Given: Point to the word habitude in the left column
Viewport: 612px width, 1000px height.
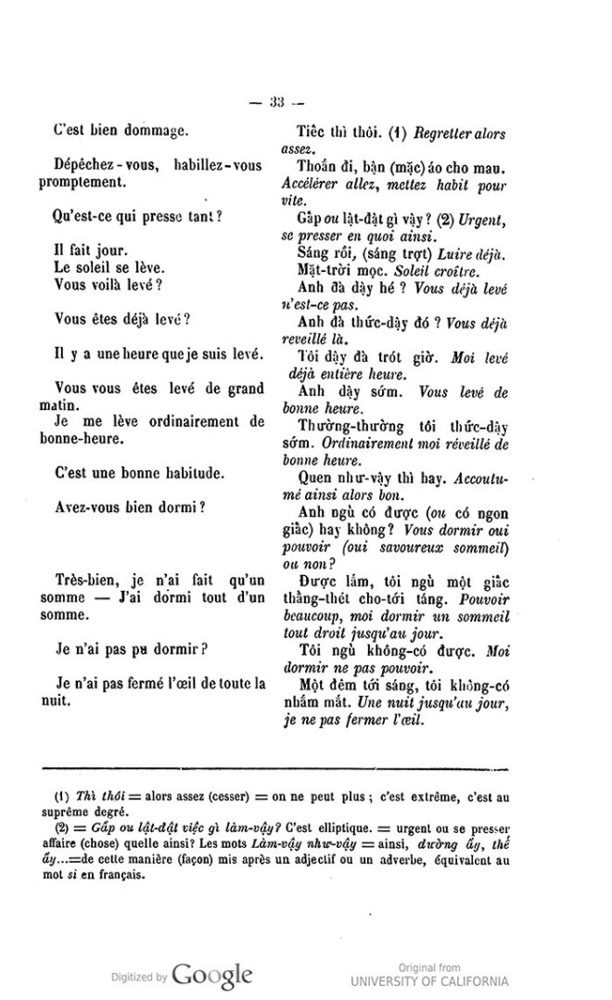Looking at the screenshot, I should pos(192,474).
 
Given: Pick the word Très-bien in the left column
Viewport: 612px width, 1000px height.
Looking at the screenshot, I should pos(86,580).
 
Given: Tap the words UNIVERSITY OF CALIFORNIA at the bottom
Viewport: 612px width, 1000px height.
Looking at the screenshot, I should pos(429,981).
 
